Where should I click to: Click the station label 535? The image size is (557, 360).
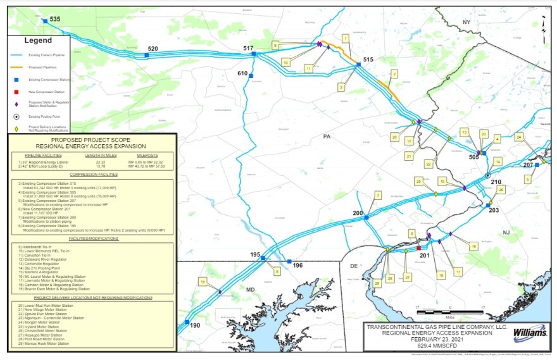54,20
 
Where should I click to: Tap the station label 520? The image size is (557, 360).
153,49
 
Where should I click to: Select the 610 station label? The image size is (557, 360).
243,73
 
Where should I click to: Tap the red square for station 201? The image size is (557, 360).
419,248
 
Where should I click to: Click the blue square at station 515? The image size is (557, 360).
358,65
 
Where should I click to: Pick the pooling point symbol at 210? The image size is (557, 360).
487,175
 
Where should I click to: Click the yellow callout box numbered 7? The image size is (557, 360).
378,196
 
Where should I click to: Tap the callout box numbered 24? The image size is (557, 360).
519,136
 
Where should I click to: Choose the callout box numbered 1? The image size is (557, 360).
345,38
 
